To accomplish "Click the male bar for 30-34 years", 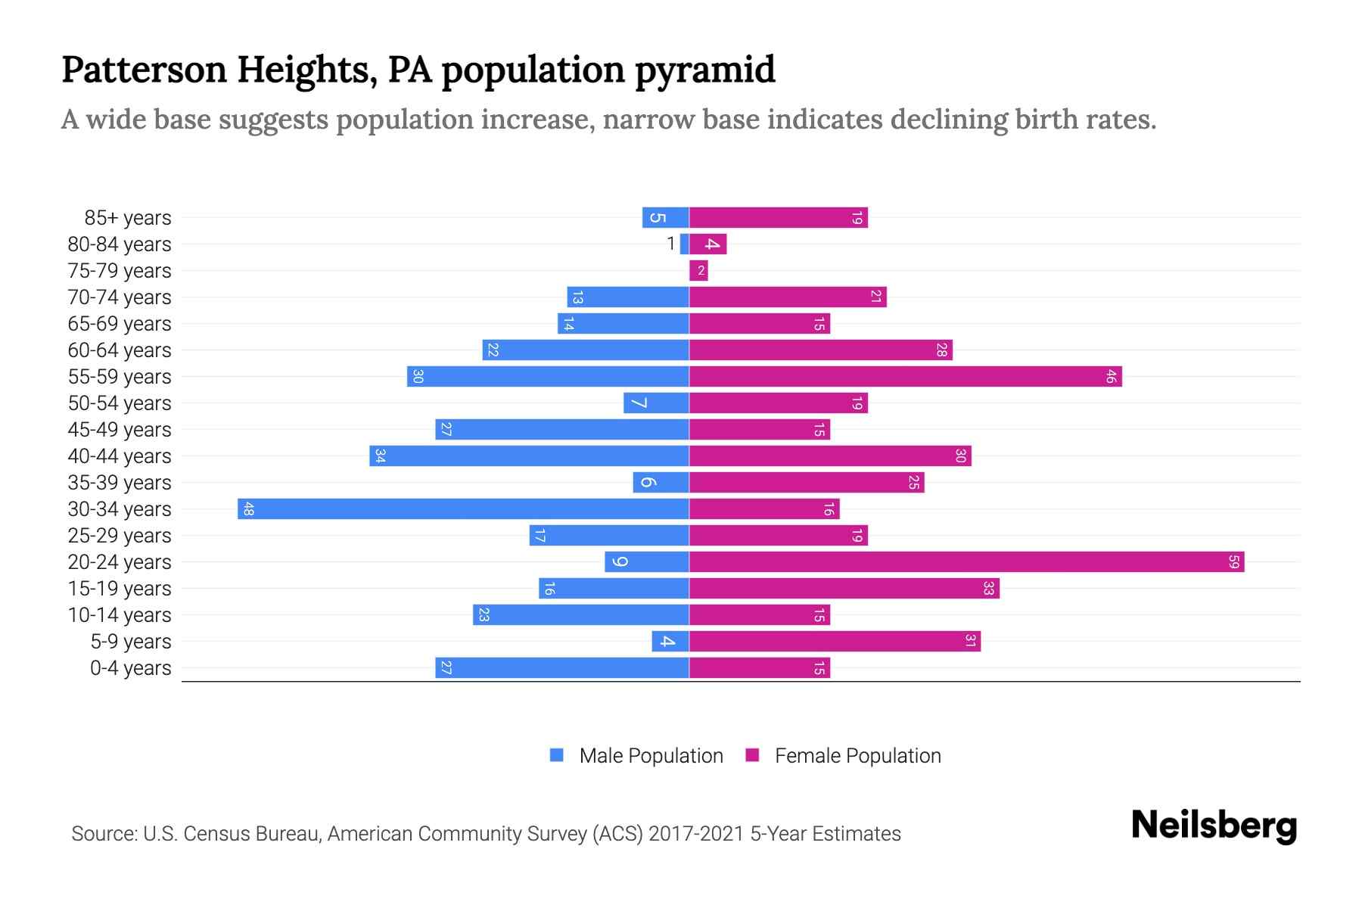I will (x=463, y=508).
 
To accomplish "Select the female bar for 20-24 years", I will (x=966, y=561).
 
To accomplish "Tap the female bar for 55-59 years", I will (x=905, y=376).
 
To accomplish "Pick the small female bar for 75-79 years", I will (x=698, y=270).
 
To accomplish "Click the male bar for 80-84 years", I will (x=685, y=244).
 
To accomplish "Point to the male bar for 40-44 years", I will (x=530, y=456).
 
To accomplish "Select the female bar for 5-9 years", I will (x=835, y=641).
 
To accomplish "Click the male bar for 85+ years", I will (x=666, y=217).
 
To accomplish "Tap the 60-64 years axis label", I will (x=120, y=350).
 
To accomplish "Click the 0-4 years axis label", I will (x=130, y=668).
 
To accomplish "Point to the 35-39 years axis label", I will (x=120, y=483).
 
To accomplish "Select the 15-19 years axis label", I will (x=120, y=589).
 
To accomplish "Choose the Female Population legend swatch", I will (x=752, y=755).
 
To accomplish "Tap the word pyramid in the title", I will (x=704, y=70).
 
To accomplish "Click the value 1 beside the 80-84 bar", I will (x=670, y=244).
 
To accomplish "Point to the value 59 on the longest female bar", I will (x=1233, y=561).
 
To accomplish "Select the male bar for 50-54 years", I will (x=656, y=403).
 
